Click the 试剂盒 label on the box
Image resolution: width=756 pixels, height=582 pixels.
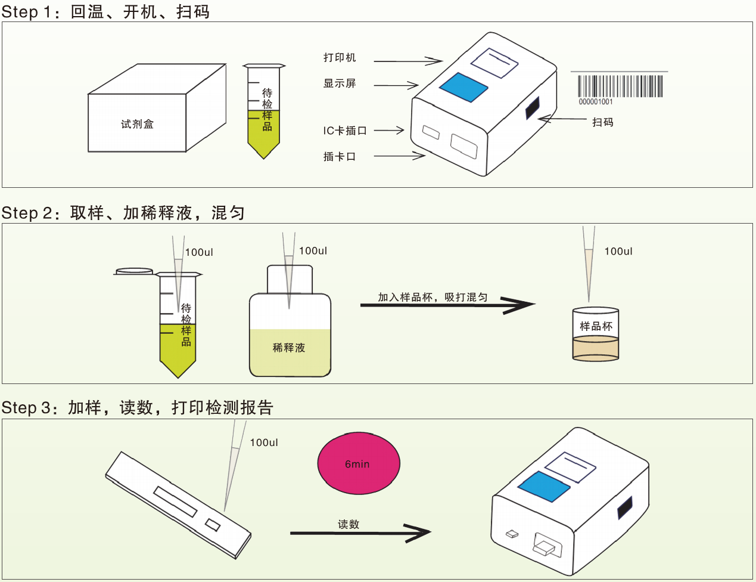click(137, 124)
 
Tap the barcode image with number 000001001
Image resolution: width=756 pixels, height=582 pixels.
click(620, 86)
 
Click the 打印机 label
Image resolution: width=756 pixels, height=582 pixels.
click(340, 58)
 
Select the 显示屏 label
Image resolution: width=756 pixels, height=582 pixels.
click(340, 83)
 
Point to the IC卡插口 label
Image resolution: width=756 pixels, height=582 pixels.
click(345, 131)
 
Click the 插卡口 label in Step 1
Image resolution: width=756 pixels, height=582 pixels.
click(340, 157)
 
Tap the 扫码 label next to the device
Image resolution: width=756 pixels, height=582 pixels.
click(602, 122)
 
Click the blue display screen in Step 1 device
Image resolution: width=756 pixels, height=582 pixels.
click(463, 88)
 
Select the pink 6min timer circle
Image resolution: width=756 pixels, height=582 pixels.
click(359, 463)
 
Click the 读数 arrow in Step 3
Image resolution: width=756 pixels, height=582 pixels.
click(360, 533)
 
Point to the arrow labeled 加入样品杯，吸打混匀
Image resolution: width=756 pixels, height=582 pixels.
click(447, 305)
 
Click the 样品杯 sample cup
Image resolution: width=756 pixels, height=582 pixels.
click(596, 335)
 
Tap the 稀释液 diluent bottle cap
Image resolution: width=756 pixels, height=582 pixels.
click(290, 279)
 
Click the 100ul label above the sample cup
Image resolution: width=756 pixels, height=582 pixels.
click(618, 252)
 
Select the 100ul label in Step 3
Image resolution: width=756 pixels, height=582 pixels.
click(264, 442)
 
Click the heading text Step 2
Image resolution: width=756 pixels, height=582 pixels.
click(29, 213)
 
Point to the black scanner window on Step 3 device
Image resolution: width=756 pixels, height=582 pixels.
click(624, 507)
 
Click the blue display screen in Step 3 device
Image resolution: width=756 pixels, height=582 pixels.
click(544, 486)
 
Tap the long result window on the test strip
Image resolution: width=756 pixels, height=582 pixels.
click(175, 501)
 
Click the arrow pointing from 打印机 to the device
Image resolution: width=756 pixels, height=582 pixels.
click(408, 61)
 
